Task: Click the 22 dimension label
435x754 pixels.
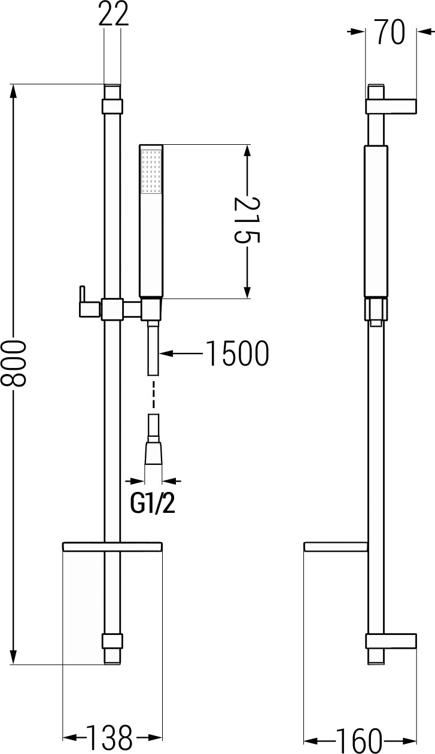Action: coord(114,14)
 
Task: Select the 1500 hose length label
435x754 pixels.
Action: coord(238,353)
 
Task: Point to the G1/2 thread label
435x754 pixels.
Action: coord(153,503)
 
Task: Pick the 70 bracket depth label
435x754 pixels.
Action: coord(391,32)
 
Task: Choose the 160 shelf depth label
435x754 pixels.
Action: coord(359,741)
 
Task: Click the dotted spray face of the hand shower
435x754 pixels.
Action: coord(151,171)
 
